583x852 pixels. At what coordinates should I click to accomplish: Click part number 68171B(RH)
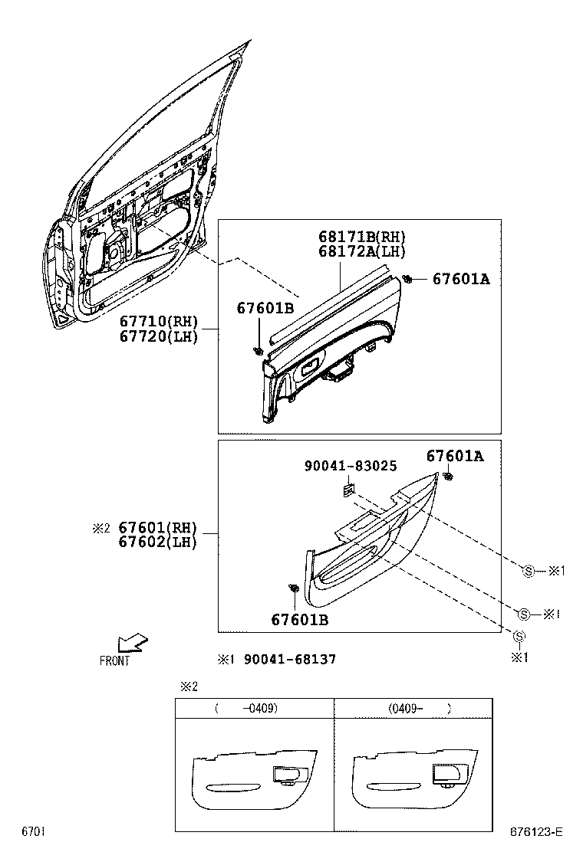[x=363, y=237]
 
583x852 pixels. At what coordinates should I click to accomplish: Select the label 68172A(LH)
[x=363, y=251]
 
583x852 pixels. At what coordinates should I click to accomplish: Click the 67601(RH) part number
[x=158, y=528]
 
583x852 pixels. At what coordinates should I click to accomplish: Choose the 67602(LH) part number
[x=158, y=542]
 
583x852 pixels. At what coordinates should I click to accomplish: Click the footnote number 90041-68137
[x=289, y=659]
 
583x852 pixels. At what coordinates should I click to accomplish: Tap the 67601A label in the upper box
[x=460, y=279]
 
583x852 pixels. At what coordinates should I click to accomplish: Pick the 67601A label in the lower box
[x=455, y=457]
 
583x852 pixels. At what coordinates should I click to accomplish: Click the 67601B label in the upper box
[x=265, y=308]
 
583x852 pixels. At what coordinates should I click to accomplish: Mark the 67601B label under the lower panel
[x=299, y=620]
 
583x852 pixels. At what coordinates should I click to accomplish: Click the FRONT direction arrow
[x=133, y=641]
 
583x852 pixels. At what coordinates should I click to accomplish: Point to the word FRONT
[x=115, y=660]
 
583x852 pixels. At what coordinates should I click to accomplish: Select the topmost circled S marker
[x=528, y=570]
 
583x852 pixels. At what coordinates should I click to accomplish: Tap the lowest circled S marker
[x=519, y=636]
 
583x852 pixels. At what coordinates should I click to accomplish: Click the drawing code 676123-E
[x=538, y=831]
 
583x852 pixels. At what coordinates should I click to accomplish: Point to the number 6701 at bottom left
[x=32, y=831]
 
